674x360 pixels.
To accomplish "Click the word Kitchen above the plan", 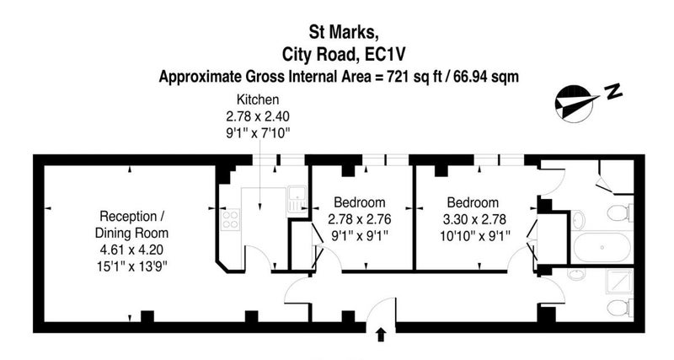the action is pos(258,99).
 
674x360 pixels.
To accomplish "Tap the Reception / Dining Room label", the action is pos(131,224).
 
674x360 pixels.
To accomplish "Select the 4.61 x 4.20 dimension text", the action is pos(131,250).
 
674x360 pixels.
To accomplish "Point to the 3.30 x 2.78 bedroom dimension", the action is pos(474,220).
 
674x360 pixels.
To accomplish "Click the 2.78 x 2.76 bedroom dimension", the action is pos(360,220).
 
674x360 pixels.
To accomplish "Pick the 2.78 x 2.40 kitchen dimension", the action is pos(258,116).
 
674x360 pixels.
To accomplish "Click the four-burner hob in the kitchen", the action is pos(230,219).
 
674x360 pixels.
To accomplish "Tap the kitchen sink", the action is pos(297,199).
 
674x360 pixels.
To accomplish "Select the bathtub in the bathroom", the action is pos(602,247).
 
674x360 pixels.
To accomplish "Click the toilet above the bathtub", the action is pos(620,212).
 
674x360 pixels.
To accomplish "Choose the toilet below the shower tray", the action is pos(620,308).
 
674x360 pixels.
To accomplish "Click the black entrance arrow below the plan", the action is pos(381,335).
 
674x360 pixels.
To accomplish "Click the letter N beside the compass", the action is pos(613,91).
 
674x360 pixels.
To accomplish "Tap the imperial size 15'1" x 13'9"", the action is pos(131,266).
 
